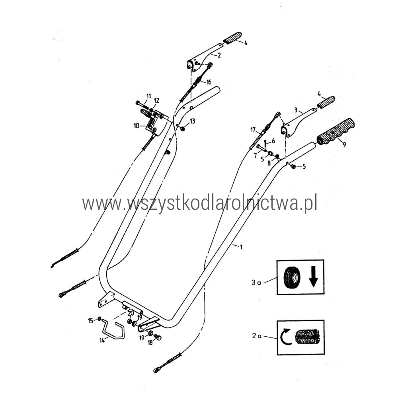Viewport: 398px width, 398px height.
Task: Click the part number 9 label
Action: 344,145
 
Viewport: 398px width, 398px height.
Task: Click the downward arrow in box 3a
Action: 314,277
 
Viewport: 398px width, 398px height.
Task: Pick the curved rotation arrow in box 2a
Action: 285,337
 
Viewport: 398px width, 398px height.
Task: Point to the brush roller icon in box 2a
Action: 307,337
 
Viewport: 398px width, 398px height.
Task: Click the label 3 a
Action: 256,282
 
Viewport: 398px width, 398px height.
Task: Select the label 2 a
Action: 257,336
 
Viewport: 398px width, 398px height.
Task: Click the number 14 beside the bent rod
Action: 102,340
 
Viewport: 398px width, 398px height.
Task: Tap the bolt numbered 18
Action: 158,338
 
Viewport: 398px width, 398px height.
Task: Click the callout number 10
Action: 137,126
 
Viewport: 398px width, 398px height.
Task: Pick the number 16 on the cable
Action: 209,82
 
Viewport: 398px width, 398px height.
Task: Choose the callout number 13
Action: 192,121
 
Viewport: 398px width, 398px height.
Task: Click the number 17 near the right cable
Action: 253,130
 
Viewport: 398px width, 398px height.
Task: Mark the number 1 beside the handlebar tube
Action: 241,246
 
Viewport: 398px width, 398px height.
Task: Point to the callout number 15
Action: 91,321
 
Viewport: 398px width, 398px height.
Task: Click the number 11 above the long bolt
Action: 148,96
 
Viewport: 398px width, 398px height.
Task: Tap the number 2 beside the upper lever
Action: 219,55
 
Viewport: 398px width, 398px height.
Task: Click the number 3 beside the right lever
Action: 296,110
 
